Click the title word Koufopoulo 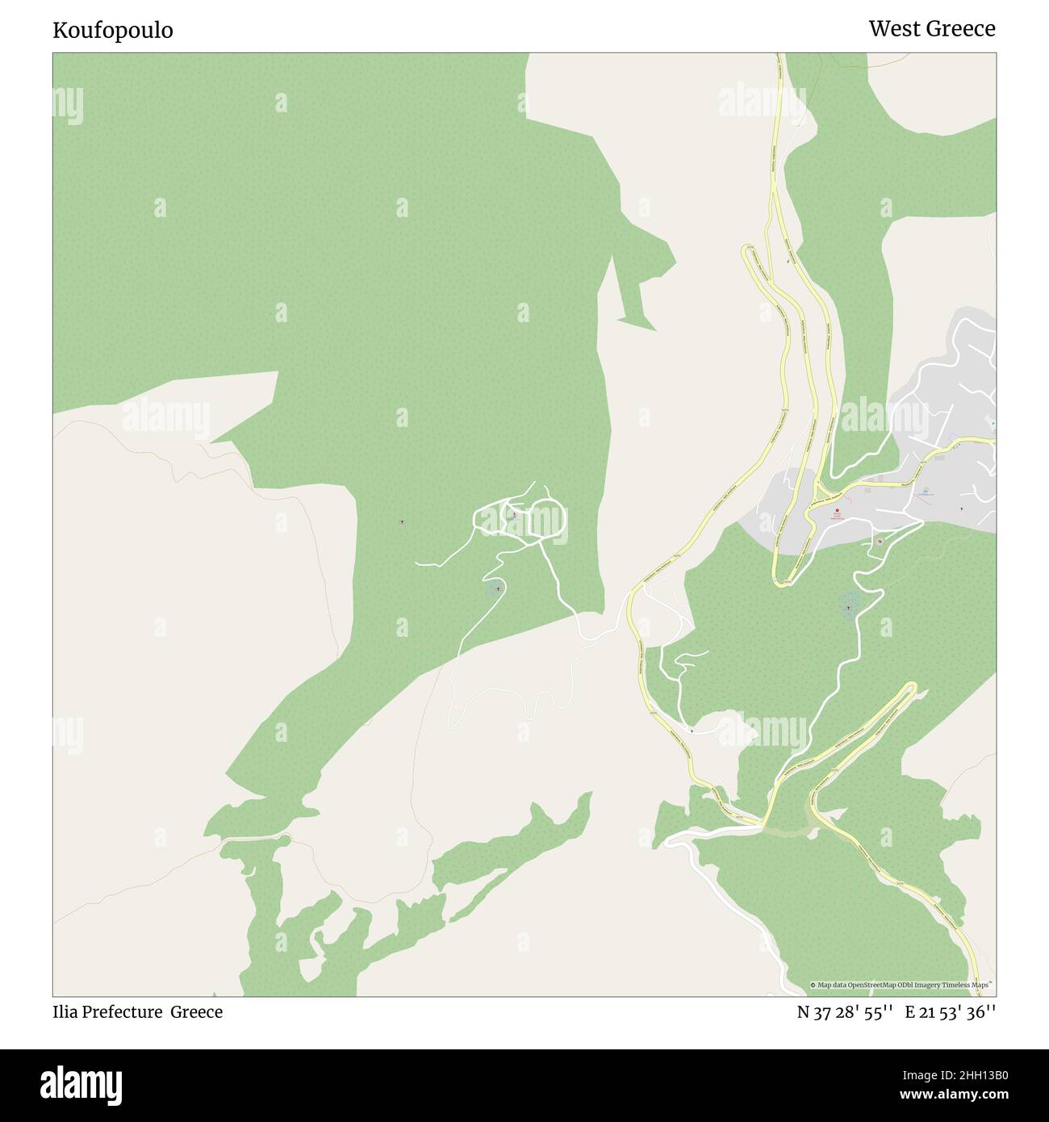[x=112, y=31]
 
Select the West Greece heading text [x=931, y=29]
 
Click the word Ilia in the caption [x=66, y=1011]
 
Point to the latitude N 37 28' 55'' [x=844, y=1012]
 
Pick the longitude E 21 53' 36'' [x=950, y=1012]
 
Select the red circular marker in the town [x=837, y=511]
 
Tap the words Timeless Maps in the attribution [x=969, y=985]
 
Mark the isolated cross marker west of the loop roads [x=403, y=521]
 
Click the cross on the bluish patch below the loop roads [x=498, y=588]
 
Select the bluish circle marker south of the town [x=850, y=602]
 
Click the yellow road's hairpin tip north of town [x=748, y=252]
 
